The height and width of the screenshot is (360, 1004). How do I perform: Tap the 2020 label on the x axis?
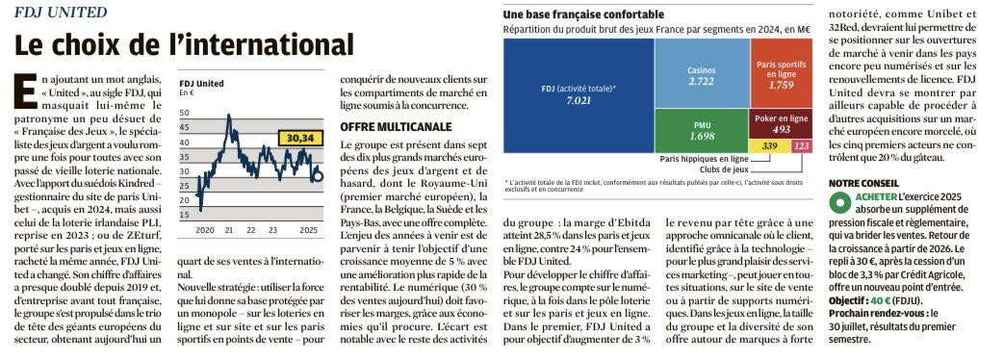coord(205,229)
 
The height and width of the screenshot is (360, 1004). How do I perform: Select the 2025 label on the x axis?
coord(309,229)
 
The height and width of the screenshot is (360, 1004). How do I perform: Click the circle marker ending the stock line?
coord(319,176)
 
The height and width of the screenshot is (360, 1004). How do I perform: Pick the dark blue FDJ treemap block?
coord(579,95)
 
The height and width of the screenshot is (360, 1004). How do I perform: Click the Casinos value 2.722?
coord(702,82)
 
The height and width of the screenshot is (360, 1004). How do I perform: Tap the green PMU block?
coord(702,131)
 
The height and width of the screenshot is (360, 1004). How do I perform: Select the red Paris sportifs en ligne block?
coord(781,73)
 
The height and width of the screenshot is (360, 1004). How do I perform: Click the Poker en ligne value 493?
coord(782,129)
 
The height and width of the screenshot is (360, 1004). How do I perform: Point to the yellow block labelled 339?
coord(770,146)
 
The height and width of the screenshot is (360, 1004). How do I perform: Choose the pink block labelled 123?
coord(802,146)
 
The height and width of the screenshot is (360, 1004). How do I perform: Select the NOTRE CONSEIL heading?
coord(863,183)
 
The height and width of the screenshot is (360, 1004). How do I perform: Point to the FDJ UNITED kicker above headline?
coord(61,13)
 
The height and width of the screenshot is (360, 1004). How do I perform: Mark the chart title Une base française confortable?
coord(583,14)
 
